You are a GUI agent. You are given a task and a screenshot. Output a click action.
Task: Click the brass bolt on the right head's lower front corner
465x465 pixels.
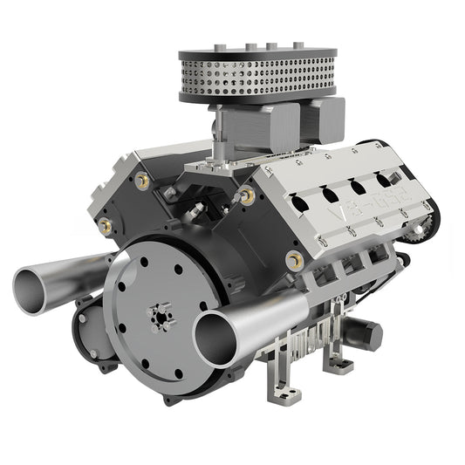[293, 259]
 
